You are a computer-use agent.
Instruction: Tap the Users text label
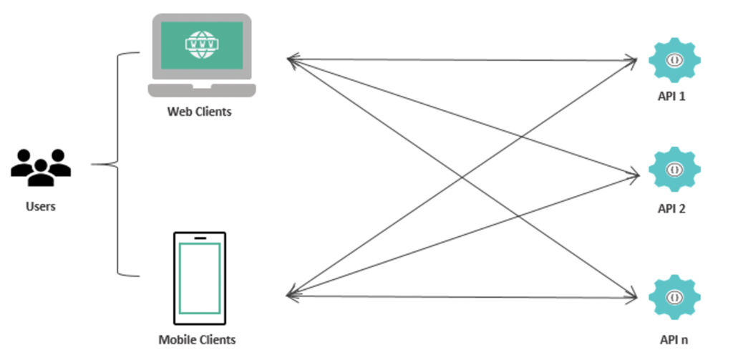coord(41,207)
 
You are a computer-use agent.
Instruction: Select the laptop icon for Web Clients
coord(201,56)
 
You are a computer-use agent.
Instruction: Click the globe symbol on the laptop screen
coord(201,44)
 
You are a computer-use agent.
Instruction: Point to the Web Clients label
coord(200,112)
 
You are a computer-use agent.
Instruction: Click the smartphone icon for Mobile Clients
coord(200,278)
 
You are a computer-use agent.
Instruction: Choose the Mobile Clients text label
coord(197,339)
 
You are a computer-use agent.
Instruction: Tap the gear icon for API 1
coord(673,60)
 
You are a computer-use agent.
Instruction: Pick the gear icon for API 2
coord(673,170)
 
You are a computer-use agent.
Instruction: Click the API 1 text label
coord(671,95)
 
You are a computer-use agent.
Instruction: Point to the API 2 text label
coord(671,209)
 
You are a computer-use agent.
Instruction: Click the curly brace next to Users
coord(115,165)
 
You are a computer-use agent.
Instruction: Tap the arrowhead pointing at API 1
coord(633,61)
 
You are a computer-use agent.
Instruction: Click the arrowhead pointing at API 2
coord(634,174)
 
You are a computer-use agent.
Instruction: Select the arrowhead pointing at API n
coord(633,296)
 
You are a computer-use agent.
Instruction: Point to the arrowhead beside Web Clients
coord(291,59)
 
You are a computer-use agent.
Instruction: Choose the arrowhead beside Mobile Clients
coord(291,293)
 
